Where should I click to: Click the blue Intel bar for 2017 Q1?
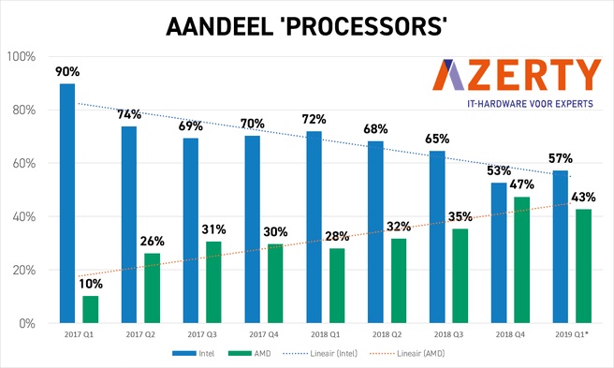[x=67, y=203]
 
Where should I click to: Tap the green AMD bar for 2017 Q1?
[x=90, y=309]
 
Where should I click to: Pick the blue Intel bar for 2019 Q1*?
[x=560, y=246]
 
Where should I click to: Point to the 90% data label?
[x=67, y=71]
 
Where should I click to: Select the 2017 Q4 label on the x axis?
[x=263, y=334]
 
